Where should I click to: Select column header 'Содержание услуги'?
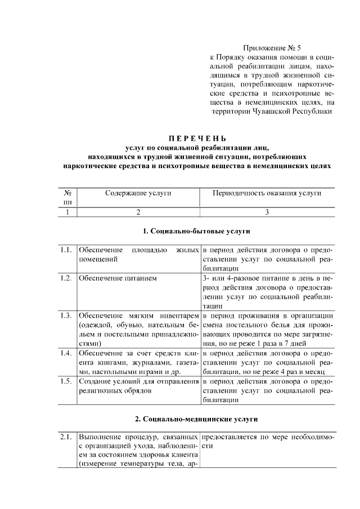tap(138, 193)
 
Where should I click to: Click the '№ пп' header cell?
tap(67, 197)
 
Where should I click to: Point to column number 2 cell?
tap(138, 212)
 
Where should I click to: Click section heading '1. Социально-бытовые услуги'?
tap(197, 231)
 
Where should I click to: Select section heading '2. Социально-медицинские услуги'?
tap(197, 419)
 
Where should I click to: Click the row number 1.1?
tap(66, 250)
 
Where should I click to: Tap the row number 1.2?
tap(66, 278)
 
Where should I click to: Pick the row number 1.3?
tap(66, 316)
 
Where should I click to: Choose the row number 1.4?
tap(66, 353)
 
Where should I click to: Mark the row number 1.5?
tap(66, 382)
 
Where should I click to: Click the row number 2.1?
tap(66, 437)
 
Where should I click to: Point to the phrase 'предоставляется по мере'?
tap(247, 437)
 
